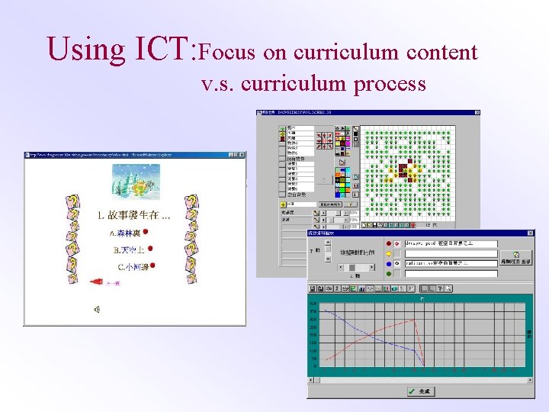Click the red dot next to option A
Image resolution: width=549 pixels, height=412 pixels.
point(145,232)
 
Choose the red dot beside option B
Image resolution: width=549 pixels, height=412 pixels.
point(150,249)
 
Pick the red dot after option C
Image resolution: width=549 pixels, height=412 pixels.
point(153,266)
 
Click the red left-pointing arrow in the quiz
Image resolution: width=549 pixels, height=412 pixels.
point(97,282)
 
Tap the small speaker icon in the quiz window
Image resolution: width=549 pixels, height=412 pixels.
point(97,309)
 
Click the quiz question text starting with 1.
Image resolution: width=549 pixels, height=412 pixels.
point(134,215)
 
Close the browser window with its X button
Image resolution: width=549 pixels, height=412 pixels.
point(242,155)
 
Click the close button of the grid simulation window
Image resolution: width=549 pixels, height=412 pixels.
point(477,113)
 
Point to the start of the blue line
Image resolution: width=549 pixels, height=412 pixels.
point(324,309)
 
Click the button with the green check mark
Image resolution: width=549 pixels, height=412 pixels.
point(420,391)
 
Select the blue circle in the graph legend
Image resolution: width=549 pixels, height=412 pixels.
point(388,263)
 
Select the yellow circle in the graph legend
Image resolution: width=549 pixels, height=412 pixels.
point(388,254)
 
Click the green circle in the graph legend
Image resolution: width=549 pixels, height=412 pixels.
point(388,272)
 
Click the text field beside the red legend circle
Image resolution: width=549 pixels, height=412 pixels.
point(451,244)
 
